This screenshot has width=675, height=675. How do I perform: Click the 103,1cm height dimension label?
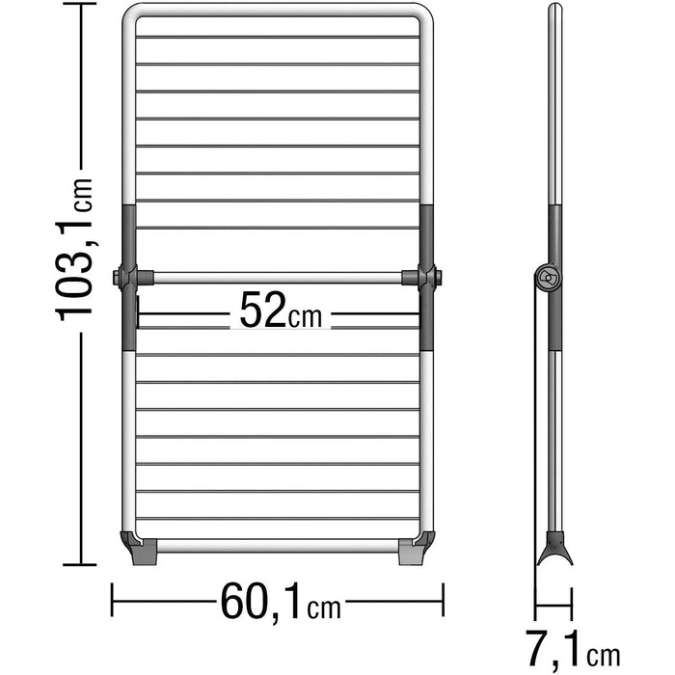click(x=74, y=250)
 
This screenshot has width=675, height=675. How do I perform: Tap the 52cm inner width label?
click(x=281, y=310)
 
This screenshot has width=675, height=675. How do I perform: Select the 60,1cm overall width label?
click(x=281, y=602)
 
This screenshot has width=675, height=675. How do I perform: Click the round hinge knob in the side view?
click(x=548, y=278)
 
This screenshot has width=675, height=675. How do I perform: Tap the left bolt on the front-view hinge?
click(x=117, y=278)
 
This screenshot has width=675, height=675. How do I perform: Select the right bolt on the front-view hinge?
click(x=438, y=278)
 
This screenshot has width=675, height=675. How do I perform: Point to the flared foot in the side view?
click(x=554, y=549)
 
